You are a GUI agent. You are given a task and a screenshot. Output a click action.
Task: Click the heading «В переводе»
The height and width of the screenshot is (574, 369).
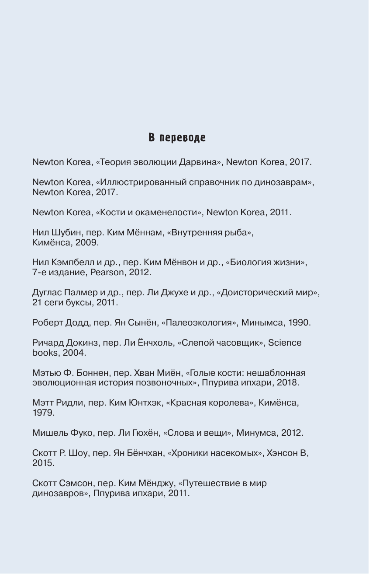tap(177, 138)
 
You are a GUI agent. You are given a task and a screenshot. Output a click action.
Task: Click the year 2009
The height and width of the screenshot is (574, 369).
tap(87, 242)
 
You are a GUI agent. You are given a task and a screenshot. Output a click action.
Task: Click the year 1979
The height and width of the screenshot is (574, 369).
tap(43, 413)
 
